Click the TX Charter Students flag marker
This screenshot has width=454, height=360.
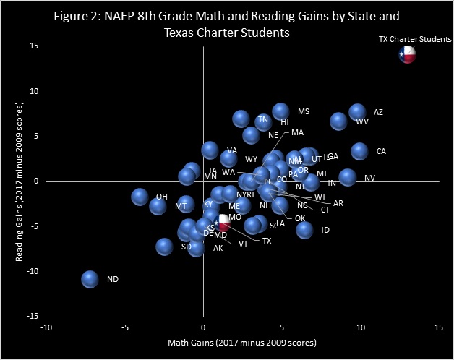point(408,55)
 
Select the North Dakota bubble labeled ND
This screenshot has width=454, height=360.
point(90,279)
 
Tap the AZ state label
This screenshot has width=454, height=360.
point(378,113)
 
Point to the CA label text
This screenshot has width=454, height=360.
point(381,152)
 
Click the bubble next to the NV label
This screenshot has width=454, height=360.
point(348,177)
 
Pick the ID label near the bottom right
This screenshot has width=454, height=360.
point(325,230)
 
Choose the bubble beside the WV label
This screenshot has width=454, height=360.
point(338,121)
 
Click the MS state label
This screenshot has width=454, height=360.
point(304,112)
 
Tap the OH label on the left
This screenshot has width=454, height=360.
point(161,197)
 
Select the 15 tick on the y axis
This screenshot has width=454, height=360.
point(34,46)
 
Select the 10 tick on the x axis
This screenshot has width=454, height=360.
point(361,327)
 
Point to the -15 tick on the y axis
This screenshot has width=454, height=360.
point(32,316)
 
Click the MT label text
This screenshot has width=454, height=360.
point(181,207)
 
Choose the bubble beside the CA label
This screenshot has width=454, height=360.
point(360,151)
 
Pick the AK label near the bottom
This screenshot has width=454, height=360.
point(218,249)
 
